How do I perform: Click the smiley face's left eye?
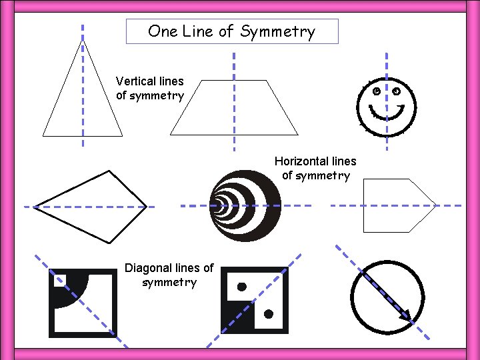(377, 91)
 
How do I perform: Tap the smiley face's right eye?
(397, 90)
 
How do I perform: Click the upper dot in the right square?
(242, 287)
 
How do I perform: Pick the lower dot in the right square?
(269, 313)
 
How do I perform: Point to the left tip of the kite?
(34, 207)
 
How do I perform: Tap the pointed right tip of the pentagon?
(435, 205)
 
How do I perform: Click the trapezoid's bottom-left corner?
(171, 135)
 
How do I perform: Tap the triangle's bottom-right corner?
(123, 135)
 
